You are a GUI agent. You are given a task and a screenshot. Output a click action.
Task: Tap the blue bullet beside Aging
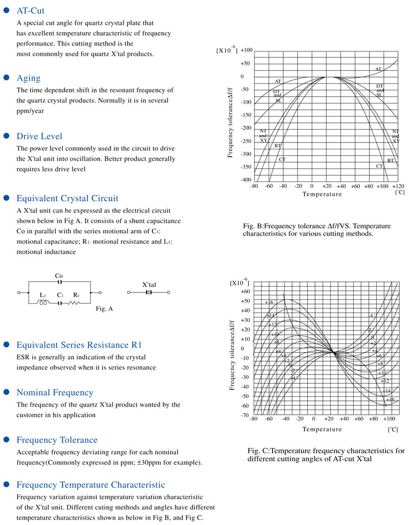[7, 78]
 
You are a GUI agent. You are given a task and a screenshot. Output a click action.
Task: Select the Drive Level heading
[40, 136]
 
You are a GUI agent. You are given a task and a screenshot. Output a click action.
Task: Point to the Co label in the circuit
[59, 276]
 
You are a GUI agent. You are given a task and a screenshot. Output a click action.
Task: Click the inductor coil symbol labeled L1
[43, 303]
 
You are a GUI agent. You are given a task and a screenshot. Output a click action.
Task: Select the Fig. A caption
[104, 309]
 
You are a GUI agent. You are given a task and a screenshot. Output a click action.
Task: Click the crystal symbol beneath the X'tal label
[148, 292]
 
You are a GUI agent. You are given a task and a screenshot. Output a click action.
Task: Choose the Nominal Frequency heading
[55, 392]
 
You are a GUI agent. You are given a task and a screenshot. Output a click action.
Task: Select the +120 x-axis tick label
[397, 186]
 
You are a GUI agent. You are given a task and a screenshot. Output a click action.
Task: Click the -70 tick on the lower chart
[244, 415]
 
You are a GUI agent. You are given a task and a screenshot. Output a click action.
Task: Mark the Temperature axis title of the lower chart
[322, 429]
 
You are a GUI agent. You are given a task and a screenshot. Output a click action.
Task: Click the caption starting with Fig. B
[308, 230]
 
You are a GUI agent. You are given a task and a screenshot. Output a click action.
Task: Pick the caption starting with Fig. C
[326, 455]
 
